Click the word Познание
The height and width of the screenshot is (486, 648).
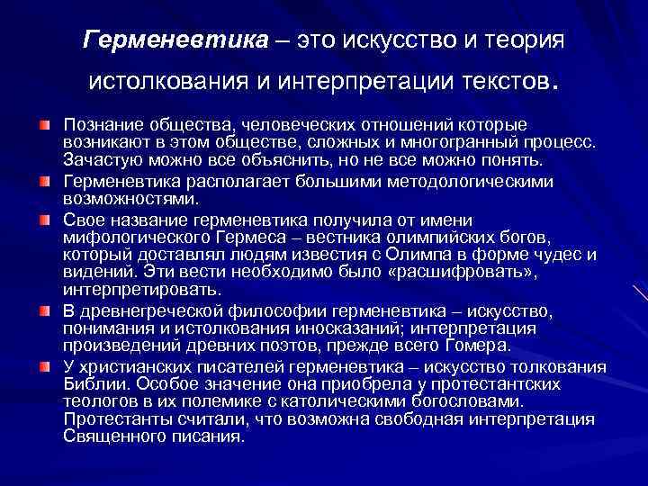[101, 123]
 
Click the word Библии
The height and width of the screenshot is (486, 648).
[90, 382]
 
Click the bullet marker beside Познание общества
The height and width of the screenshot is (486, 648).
[44, 123]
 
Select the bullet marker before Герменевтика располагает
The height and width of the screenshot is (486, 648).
[44, 181]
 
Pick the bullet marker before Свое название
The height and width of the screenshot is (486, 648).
[44, 219]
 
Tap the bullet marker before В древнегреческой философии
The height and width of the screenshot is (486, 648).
[44, 310]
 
